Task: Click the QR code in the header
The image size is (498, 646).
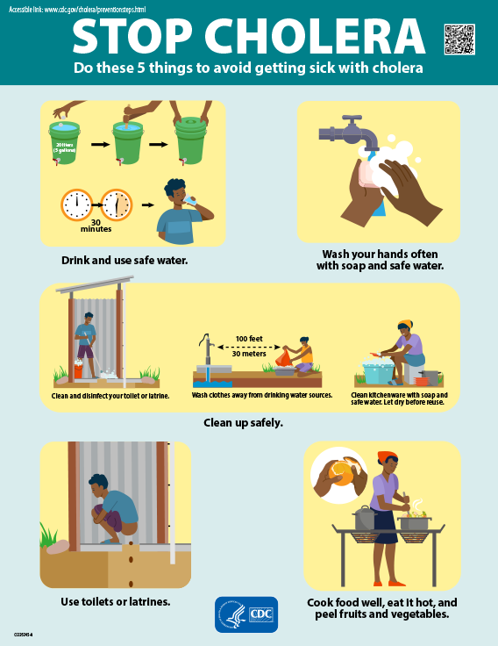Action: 459,39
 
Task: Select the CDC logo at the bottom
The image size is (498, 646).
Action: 246,614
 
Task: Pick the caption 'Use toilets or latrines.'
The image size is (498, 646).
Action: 115,601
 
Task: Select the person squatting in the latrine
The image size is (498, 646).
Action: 111,511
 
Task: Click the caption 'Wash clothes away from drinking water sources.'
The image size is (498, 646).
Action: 262,395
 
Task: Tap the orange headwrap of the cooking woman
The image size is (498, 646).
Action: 387,457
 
